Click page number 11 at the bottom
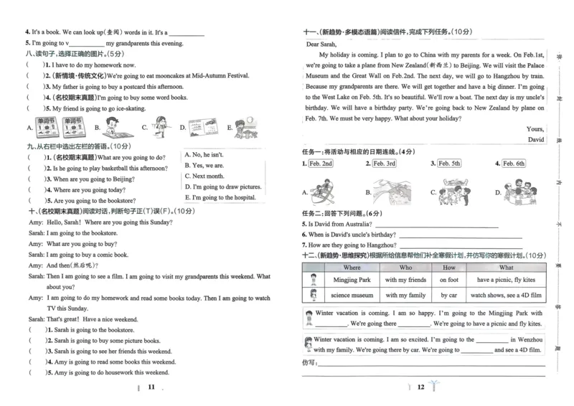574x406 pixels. click(151, 387)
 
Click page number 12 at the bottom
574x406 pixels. click(421, 387)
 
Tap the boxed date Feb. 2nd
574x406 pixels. click(321, 164)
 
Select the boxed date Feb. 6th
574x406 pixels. click(513, 164)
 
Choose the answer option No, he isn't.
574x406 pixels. click(204, 154)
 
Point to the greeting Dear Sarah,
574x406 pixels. click(322, 44)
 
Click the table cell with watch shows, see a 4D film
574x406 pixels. click(506, 295)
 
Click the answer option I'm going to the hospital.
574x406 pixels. click(220, 197)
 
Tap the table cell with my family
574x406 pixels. click(405, 295)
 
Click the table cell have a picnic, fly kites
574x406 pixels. click(506, 280)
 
